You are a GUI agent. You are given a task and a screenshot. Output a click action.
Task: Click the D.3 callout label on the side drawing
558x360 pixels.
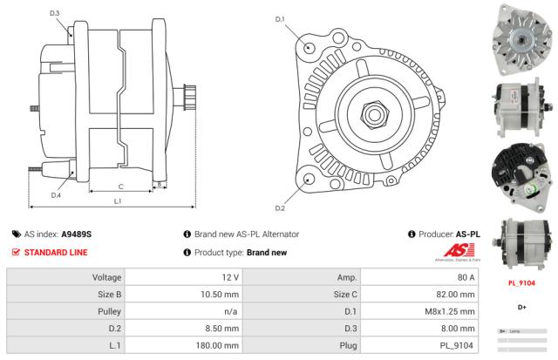55,13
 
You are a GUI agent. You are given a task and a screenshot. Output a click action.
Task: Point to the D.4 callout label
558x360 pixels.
55,195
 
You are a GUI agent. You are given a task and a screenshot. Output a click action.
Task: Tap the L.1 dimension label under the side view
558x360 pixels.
118,201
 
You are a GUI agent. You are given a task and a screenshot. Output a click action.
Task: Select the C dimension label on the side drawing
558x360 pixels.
120,187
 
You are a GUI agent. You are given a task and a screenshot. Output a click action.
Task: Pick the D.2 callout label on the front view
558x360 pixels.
281,208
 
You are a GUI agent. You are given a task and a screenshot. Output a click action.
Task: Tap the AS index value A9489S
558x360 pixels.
77,234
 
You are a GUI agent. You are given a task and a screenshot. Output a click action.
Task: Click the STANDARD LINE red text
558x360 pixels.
55,253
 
